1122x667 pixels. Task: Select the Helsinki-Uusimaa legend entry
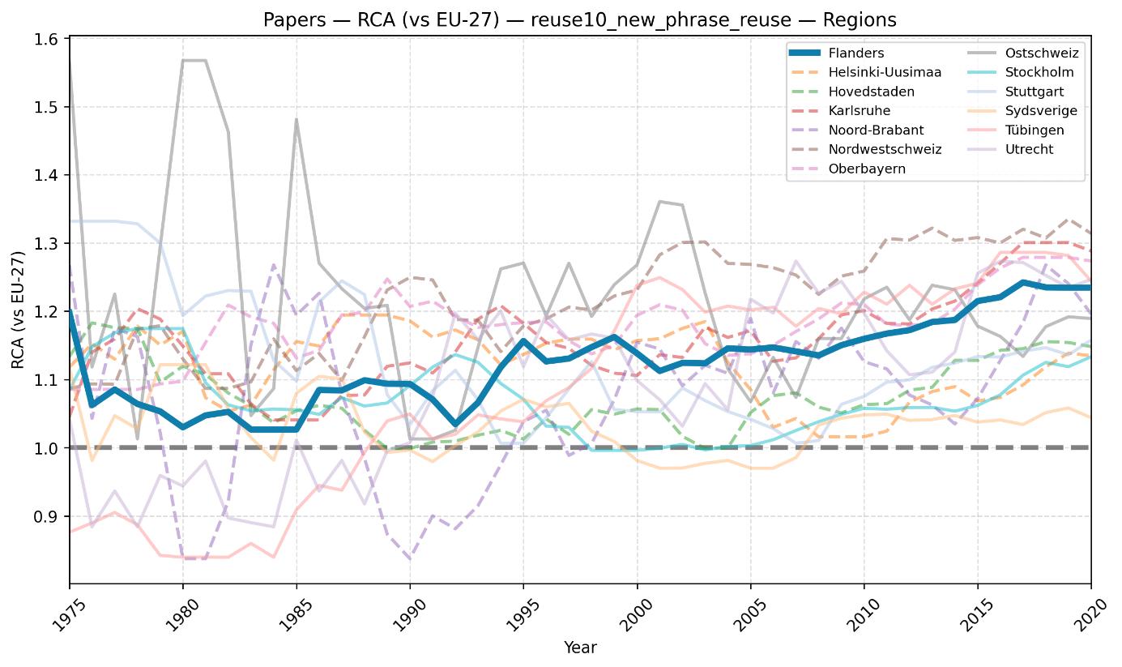(x=865, y=72)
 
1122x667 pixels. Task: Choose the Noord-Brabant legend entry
(x=856, y=130)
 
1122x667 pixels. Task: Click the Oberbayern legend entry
(x=847, y=169)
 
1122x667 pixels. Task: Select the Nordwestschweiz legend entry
(x=865, y=149)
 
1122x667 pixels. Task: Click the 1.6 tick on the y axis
(x=45, y=40)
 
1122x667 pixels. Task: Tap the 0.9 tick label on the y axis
(x=45, y=516)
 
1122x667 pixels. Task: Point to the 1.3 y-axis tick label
(x=45, y=244)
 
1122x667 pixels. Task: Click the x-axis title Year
(x=580, y=648)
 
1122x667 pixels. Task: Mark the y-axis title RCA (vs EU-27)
(x=18, y=310)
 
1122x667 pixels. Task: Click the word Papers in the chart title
(x=295, y=20)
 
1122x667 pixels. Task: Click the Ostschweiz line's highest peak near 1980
(x=194, y=61)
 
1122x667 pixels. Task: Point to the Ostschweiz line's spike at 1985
(x=296, y=120)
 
